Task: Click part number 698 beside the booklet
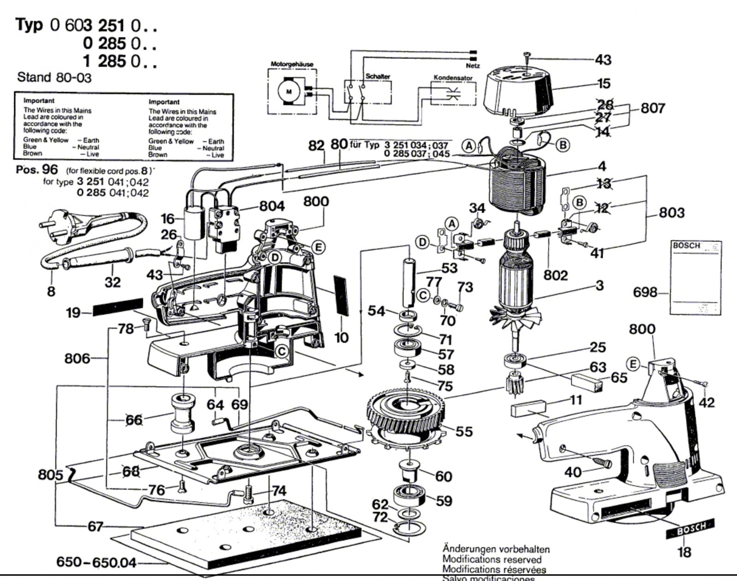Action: pyautogui.click(x=645, y=292)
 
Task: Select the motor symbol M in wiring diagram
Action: pyautogui.click(x=289, y=91)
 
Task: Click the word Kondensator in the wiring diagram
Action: pyautogui.click(x=453, y=78)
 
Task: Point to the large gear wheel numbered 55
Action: pyautogui.click(x=405, y=410)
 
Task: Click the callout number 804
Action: pyautogui.click(x=272, y=206)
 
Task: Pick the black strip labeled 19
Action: pyautogui.click(x=118, y=307)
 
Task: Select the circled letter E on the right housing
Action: pyautogui.click(x=634, y=365)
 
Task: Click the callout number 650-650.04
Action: pyautogui.click(x=96, y=562)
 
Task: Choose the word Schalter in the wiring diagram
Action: pyautogui.click(x=378, y=76)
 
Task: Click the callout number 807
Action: pyautogui.click(x=653, y=108)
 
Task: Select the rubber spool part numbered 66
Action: pyautogui.click(x=182, y=413)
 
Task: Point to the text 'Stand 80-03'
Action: pyautogui.click(x=54, y=77)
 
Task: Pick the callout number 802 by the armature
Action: pyautogui.click(x=555, y=275)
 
